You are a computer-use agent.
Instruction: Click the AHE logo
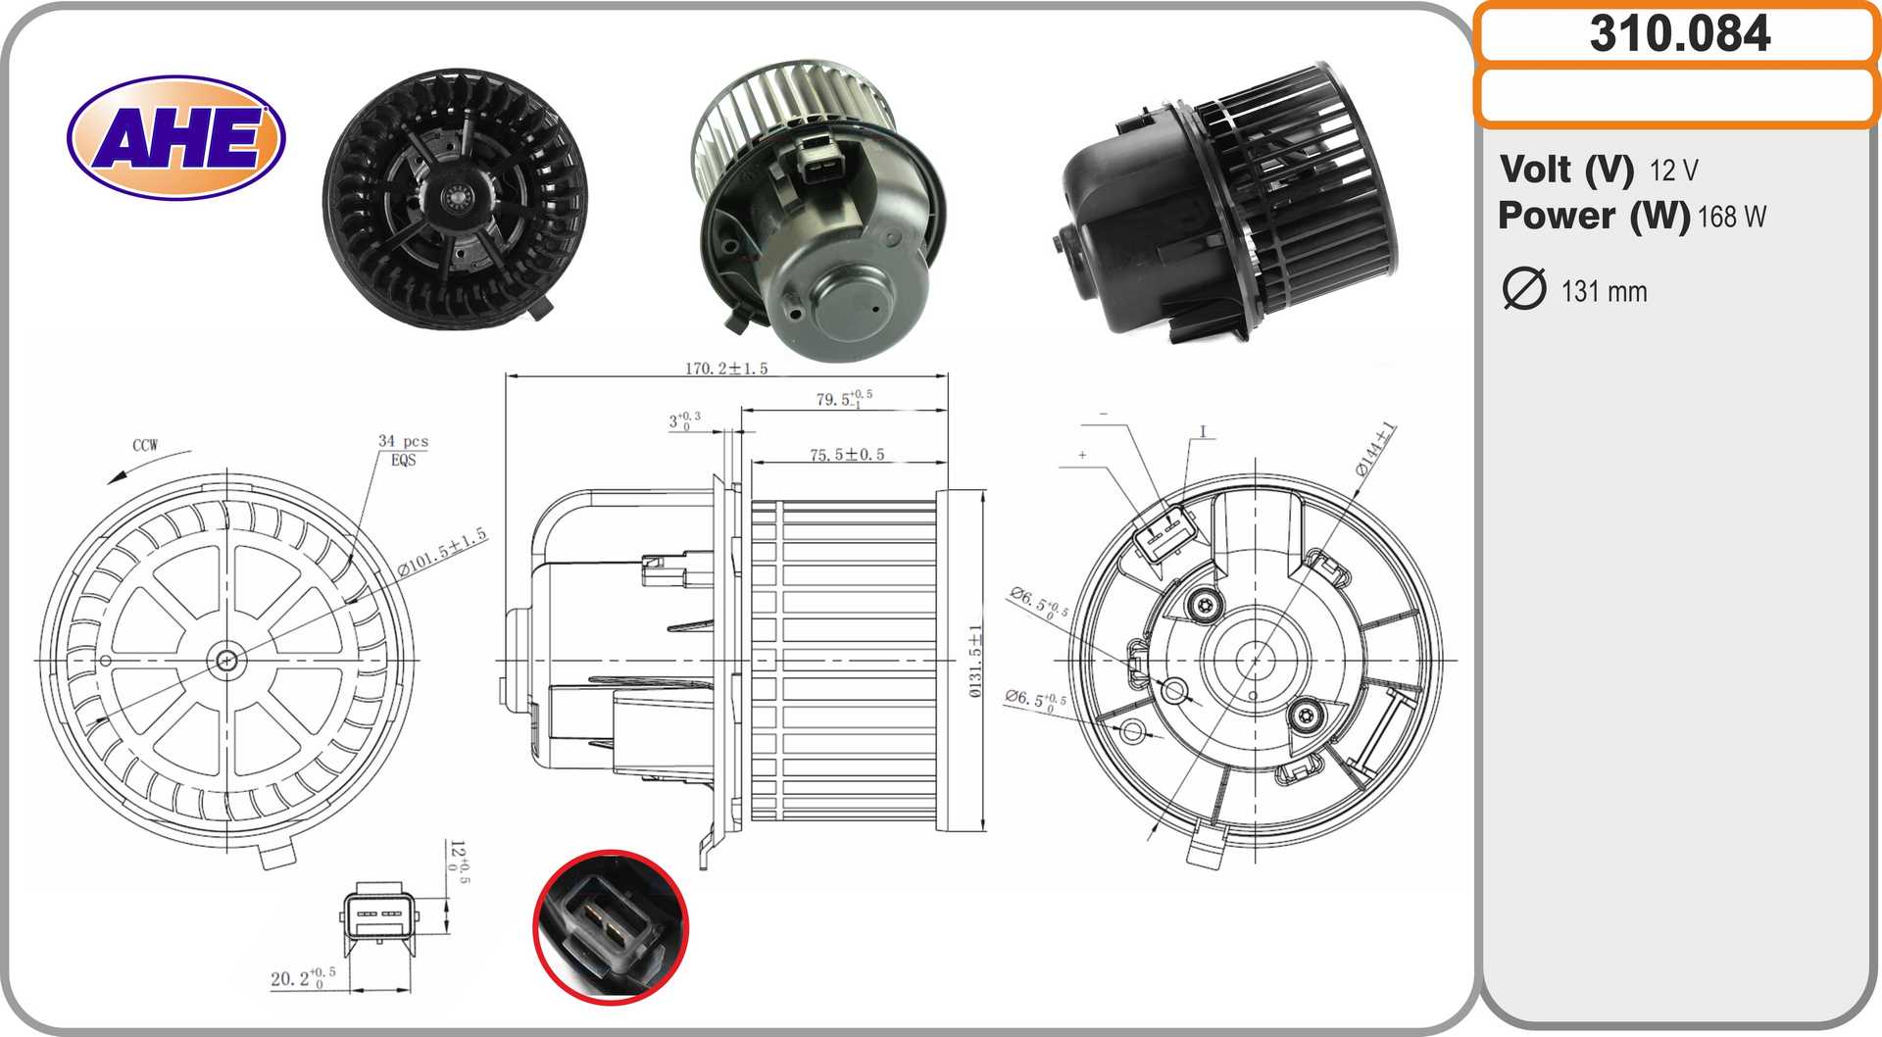coord(176,137)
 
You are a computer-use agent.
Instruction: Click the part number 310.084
coord(1679,34)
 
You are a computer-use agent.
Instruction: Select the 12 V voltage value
coord(1673,171)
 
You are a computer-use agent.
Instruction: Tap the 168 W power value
coord(1731,217)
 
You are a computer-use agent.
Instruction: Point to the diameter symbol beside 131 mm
coord(1524,289)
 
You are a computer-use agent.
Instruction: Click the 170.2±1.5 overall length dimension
coord(725,369)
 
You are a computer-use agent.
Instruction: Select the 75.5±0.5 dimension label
coord(847,455)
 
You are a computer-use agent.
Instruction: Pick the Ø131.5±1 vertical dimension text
coord(975,661)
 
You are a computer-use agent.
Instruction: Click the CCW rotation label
coord(145,445)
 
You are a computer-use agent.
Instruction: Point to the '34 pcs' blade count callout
coord(403,442)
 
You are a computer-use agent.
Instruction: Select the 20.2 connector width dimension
coord(302,977)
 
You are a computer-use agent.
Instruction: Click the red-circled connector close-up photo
coord(611,926)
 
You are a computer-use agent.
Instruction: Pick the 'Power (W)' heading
coord(1594,217)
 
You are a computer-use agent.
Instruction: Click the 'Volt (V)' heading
coord(1566,170)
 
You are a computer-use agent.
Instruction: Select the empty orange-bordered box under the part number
coord(1677,97)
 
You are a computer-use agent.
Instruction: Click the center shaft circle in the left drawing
coord(226,661)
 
